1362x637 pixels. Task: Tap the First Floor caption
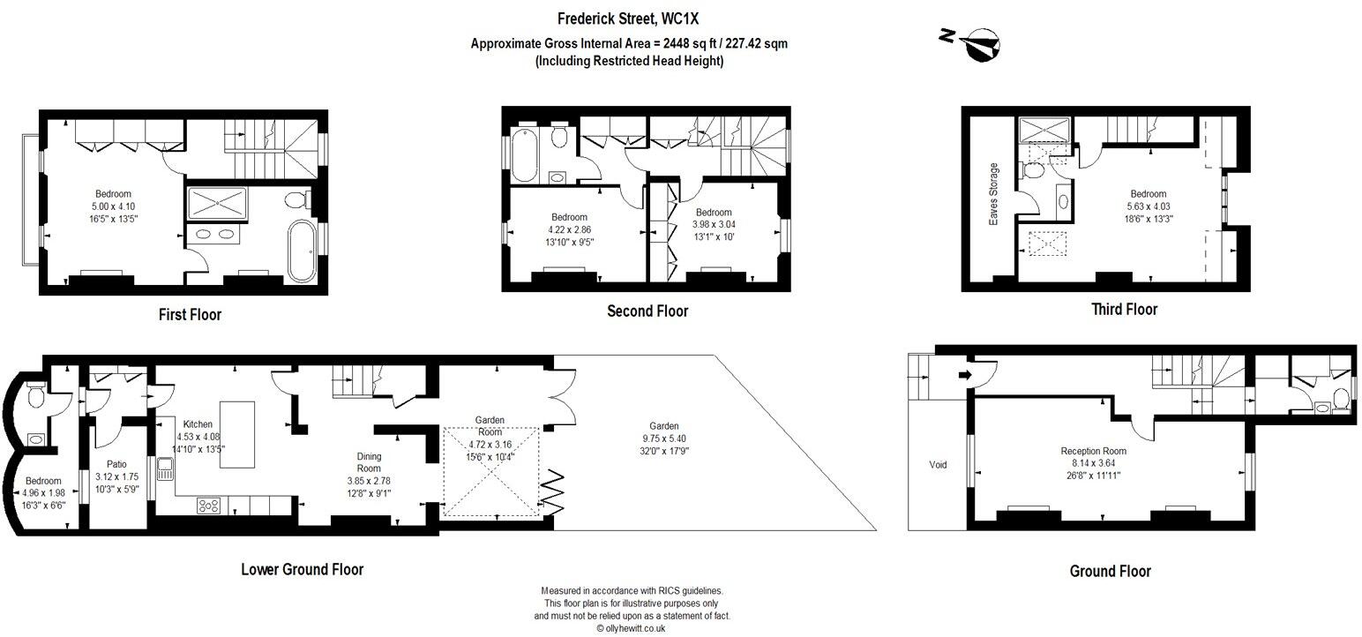tap(190, 314)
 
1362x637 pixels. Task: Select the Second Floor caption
tap(647, 311)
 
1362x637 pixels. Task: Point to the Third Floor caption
tap(1124, 309)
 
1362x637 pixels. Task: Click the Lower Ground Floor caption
tap(302, 569)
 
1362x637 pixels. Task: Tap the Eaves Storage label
tap(994, 194)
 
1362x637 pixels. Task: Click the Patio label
tap(116, 462)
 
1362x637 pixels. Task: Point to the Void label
tap(938, 464)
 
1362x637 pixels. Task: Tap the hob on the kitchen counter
tap(209, 506)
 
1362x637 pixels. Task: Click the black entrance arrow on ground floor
tap(964, 375)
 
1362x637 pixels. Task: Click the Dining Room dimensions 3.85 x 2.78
tap(368, 481)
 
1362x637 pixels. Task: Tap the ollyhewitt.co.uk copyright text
tap(631, 628)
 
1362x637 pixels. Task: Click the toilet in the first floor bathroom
tap(297, 199)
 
